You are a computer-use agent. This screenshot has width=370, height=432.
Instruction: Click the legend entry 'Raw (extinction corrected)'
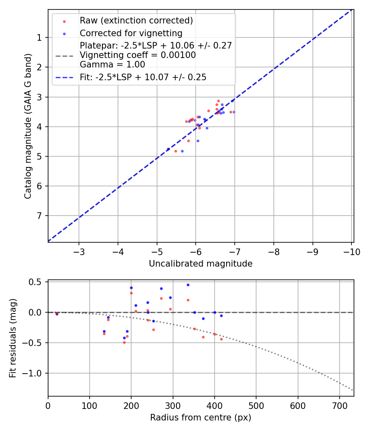pos(136,21)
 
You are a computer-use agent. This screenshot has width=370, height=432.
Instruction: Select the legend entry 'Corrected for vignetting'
pos(131,33)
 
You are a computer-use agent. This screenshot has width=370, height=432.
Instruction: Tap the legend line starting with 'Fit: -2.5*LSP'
pos(143,77)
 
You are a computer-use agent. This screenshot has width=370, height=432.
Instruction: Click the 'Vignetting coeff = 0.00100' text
pos(138,55)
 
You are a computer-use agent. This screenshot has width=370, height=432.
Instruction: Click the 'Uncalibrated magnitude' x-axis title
pos(201,264)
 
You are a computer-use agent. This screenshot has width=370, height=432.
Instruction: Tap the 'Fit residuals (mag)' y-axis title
pos(13,338)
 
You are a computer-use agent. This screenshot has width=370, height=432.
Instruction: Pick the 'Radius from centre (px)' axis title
pos(201,418)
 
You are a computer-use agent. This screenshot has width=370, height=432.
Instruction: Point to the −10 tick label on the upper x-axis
pos(351,252)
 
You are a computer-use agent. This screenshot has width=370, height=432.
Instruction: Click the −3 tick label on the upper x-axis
pos(79,252)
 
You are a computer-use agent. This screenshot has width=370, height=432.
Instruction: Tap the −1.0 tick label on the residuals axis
pos(34,374)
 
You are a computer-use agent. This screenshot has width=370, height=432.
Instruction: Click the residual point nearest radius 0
pos(57,314)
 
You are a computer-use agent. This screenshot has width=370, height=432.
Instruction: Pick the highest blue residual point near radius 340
pos(188,285)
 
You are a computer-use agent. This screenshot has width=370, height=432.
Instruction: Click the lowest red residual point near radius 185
pos(124,342)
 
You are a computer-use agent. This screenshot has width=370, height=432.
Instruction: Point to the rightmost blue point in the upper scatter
pos(234,112)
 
